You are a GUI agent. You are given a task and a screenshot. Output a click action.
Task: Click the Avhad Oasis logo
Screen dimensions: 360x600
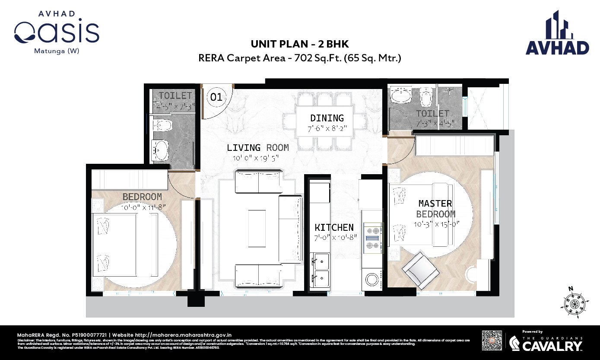tap(57, 32)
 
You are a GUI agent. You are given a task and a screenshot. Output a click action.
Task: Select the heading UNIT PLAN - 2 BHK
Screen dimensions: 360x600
tap(300, 44)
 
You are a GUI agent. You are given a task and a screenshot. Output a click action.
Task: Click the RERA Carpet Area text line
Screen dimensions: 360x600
tap(300, 58)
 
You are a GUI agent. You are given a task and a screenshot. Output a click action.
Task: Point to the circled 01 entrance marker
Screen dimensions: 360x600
tap(216, 97)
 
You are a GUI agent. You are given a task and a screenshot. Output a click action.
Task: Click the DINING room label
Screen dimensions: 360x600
tap(327, 118)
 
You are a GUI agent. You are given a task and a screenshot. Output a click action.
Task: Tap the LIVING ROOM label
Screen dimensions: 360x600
tap(257, 148)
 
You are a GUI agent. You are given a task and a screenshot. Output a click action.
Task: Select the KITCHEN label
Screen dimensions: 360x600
tap(334, 227)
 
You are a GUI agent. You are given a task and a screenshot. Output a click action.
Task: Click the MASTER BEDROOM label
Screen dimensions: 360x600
tap(435, 208)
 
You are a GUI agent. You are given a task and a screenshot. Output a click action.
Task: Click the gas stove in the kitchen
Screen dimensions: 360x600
tap(372, 238)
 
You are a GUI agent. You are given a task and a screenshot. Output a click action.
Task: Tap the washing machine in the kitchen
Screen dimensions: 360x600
tap(371, 279)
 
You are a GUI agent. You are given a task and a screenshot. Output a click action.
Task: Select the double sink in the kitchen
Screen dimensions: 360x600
tap(320, 271)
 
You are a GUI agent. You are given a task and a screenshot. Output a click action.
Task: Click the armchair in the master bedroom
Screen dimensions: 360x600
tap(419, 270)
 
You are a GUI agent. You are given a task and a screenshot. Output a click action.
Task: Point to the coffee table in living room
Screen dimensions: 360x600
tap(257, 228)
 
